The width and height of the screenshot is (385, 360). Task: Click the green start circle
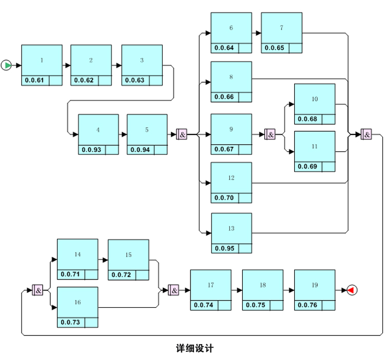[x=6, y=66]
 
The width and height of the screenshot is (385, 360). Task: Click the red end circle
[x=352, y=290]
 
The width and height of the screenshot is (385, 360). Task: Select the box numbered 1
[x=42, y=61]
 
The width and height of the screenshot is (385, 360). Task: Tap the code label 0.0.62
[x=84, y=81]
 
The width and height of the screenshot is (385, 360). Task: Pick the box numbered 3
[x=142, y=61]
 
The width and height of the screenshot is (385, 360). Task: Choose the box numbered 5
[x=147, y=130]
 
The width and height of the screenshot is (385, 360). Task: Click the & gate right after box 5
[x=182, y=134]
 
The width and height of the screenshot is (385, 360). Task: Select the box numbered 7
[x=281, y=28]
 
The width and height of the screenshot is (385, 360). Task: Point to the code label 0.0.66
[x=224, y=97]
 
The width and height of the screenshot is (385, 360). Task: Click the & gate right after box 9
[x=270, y=134]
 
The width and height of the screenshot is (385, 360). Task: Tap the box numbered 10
[x=315, y=99]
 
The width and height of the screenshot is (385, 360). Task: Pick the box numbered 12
[x=231, y=178]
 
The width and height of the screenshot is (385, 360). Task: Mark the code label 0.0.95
[x=224, y=249]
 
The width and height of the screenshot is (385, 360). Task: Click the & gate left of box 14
[x=37, y=290]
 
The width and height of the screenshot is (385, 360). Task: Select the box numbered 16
[x=77, y=303]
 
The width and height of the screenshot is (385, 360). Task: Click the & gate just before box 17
[x=174, y=290]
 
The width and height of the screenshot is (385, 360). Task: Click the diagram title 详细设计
[x=195, y=349]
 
